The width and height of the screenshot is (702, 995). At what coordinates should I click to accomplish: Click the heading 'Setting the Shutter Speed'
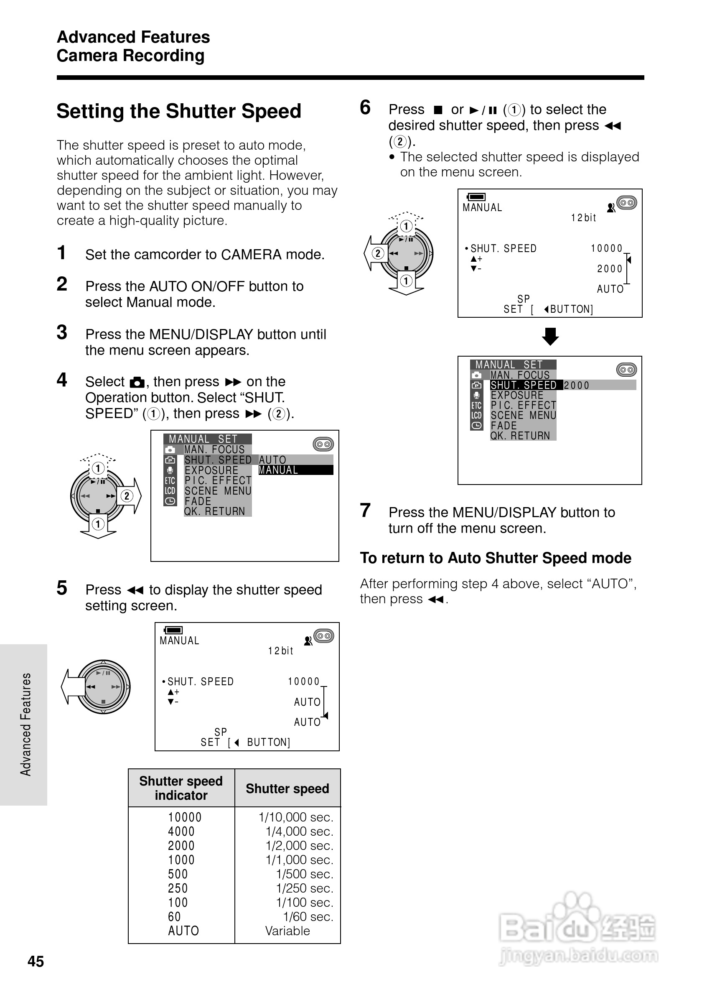178,111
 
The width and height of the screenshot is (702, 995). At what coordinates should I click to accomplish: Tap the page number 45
36,961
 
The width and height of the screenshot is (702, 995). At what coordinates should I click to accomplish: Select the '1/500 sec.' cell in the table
305,874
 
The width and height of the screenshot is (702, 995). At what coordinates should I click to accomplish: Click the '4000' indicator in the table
181,831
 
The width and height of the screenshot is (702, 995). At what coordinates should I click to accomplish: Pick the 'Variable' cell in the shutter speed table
287,931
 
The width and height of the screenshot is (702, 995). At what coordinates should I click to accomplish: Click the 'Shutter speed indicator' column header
181,788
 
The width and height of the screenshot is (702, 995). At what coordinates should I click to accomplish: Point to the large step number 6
365,107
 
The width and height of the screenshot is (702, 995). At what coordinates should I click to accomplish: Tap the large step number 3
62,332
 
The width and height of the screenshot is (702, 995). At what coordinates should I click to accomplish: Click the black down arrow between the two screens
550,336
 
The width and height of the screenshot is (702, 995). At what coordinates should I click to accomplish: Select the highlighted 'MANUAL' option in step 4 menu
295,470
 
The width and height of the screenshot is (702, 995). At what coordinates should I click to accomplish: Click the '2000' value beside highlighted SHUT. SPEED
576,385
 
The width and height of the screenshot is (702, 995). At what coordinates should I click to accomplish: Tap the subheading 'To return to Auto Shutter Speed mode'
496,558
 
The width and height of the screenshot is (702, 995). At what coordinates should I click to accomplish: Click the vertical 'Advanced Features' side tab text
25,724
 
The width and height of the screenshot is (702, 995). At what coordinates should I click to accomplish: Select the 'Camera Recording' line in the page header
130,56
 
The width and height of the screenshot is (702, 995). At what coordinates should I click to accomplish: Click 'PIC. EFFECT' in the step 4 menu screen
218,481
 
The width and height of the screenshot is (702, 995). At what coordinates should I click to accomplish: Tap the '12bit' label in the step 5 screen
280,651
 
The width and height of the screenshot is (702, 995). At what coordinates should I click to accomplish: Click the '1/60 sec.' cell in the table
308,916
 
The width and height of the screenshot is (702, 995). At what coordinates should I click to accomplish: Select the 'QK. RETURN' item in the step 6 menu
520,436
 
